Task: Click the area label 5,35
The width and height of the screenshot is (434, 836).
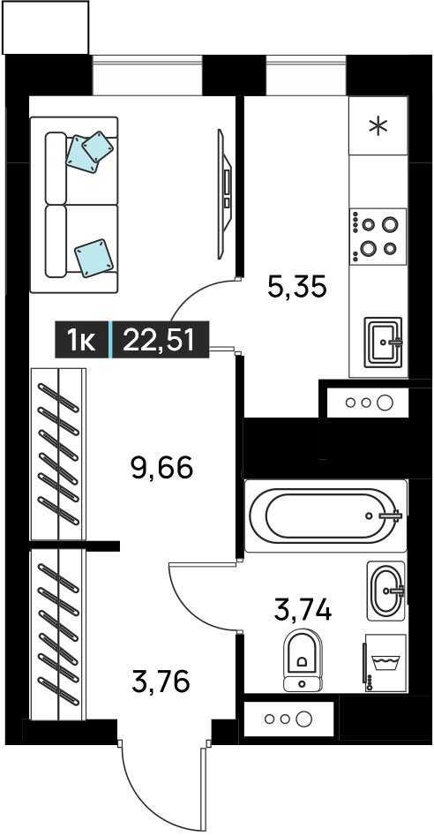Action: (296, 288)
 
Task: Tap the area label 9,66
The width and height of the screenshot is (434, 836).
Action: (161, 468)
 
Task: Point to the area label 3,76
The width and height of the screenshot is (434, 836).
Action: (161, 682)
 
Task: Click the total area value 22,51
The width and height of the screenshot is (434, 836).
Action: (158, 340)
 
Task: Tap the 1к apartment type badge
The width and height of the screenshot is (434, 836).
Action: (81, 340)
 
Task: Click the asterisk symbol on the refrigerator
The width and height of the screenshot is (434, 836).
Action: (378, 126)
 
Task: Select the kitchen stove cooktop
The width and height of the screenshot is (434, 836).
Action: (378, 236)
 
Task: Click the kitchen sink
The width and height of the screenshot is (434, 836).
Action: (384, 343)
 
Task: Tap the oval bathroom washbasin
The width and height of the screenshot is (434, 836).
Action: (386, 591)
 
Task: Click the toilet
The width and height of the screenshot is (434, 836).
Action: (303, 660)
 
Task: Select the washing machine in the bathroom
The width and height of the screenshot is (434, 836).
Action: (385, 663)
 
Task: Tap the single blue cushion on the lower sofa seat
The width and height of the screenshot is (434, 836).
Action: (94, 258)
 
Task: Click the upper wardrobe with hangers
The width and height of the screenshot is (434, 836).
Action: (58, 454)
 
